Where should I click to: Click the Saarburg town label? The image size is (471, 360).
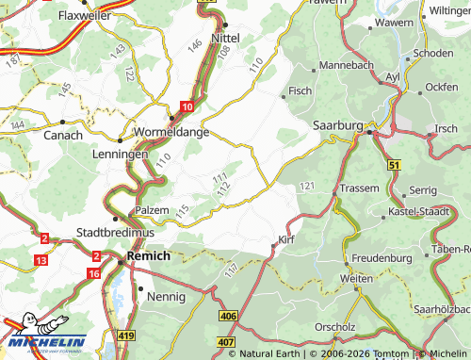click(336, 124)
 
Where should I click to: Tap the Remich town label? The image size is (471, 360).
click(147, 256)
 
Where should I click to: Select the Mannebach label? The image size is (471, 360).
click(348, 65)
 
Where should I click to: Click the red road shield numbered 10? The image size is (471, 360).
click(187, 108)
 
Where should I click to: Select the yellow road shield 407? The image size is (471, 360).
click(224, 340)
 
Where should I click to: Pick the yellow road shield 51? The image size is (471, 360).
click(394, 166)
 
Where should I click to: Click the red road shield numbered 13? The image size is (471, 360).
click(40, 259)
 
